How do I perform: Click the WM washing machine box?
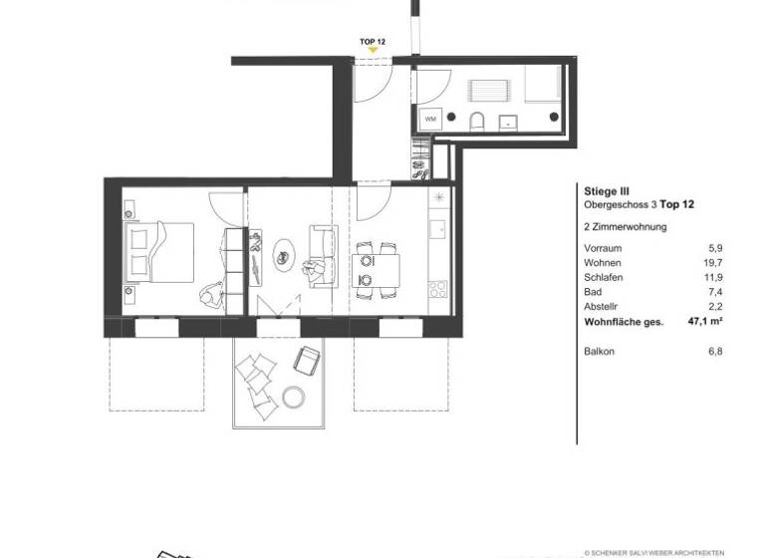pyautogui.click(x=430, y=120)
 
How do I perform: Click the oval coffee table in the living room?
pyautogui.click(x=284, y=256)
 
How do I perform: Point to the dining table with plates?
pyautogui.click(x=376, y=267)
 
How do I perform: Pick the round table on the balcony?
pyautogui.click(x=295, y=397)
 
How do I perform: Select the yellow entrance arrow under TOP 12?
pyautogui.click(x=373, y=53)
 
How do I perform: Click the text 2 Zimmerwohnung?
pyautogui.click(x=625, y=227)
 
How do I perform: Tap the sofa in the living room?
pyautogui.click(x=322, y=256)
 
